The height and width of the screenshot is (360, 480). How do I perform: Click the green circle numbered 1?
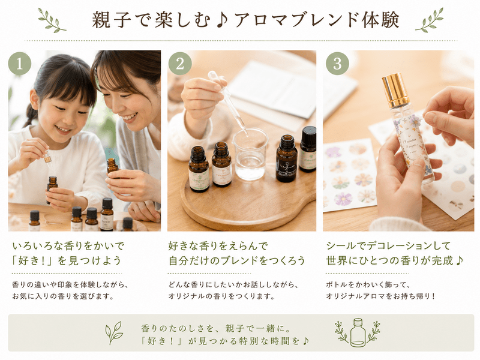[20, 64]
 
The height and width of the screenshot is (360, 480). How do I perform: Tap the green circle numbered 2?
[180, 64]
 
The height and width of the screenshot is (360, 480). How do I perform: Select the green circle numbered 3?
[337, 64]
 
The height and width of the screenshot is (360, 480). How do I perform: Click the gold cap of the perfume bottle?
[396, 89]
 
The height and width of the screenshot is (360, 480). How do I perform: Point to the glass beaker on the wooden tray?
[250, 154]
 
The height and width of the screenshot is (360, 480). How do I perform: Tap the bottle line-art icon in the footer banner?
[358, 332]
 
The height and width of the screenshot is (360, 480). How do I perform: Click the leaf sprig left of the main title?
[52, 20]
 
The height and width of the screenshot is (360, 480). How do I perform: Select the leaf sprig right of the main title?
[429, 20]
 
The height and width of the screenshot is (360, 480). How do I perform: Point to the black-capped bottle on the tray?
[308, 149]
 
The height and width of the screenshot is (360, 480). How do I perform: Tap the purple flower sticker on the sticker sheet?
[343, 198]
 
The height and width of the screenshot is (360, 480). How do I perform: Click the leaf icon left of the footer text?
[113, 333]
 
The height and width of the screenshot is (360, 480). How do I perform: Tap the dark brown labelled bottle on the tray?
[287, 158]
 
